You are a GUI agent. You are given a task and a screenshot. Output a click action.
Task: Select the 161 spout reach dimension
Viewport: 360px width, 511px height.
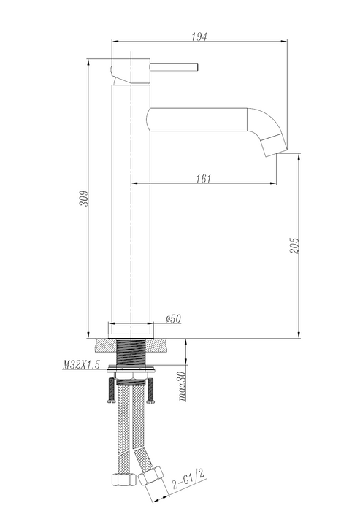click(204, 179)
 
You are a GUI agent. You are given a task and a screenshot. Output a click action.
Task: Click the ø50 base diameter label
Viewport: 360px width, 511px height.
click(174, 318)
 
